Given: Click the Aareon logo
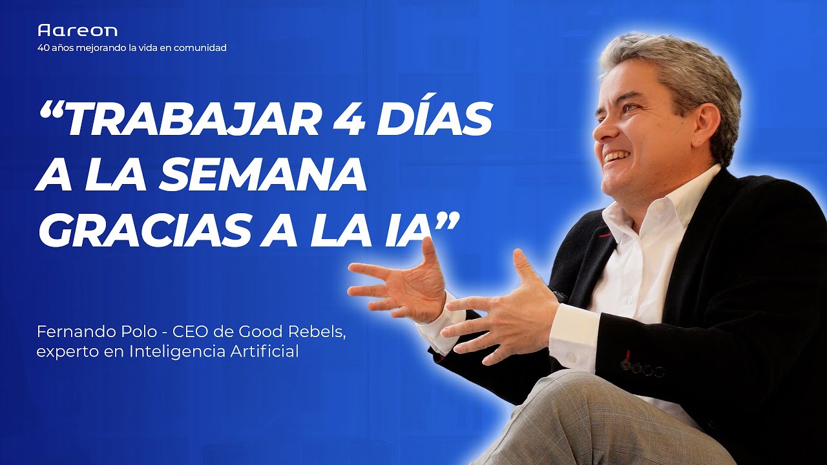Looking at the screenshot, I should coord(78,30).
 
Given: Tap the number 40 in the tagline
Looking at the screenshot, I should coord(44,48).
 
